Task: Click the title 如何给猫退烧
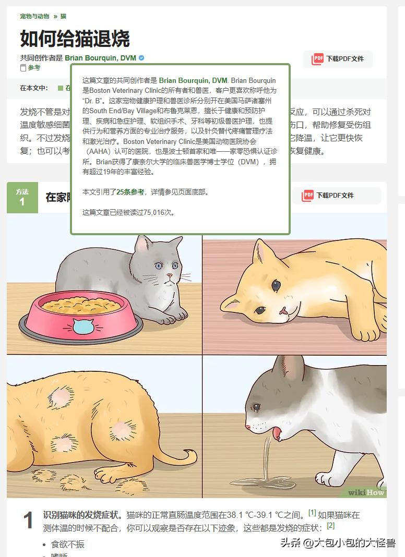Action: pos(75,39)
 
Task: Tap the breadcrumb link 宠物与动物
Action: pos(34,17)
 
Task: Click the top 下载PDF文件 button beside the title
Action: pos(338,59)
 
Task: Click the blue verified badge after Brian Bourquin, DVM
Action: pos(141,58)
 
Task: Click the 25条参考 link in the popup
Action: pos(130,192)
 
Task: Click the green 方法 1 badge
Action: pos(22,197)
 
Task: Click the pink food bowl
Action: pos(81,316)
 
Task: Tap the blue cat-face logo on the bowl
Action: pos(81,326)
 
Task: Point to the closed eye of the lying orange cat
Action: pos(276,285)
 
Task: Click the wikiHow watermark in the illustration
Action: pos(366,492)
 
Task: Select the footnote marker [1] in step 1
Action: pos(312,513)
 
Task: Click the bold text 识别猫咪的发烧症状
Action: pos(83,515)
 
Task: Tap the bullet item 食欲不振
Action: pos(67,544)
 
